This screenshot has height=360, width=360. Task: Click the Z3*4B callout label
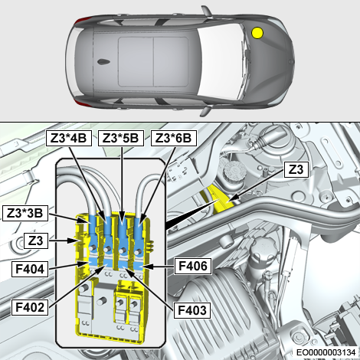click(69, 138)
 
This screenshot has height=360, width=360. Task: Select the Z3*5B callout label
click(121, 138)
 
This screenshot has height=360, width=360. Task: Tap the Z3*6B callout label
click(174, 138)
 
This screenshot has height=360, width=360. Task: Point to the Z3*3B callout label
click(25, 213)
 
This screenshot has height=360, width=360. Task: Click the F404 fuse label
click(30, 269)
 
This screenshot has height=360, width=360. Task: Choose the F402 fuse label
click(30, 307)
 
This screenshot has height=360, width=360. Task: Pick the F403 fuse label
click(192, 310)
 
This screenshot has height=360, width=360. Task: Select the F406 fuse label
click(193, 267)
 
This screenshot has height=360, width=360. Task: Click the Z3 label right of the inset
click(296, 169)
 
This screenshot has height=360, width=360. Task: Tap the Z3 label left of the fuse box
click(36, 241)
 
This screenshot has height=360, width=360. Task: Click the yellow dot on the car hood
click(257, 33)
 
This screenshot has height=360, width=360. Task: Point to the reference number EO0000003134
click(326, 352)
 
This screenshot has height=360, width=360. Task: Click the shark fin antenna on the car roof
click(103, 61)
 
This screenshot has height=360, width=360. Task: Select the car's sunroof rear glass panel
click(136, 61)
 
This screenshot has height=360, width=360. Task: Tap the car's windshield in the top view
click(220, 61)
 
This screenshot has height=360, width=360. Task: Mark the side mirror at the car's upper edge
click(208, 11)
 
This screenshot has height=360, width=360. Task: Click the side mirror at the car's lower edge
click(206, 111)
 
